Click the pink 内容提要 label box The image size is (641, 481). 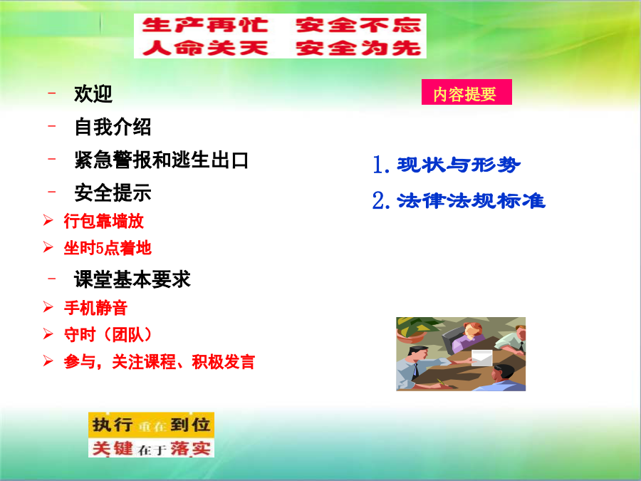pyautogui.click(x=467, y=92)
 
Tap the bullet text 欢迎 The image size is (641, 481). pyautogui.click(x=93, y=94)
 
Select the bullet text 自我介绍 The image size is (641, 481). pyautogui.click(x=113, y=127)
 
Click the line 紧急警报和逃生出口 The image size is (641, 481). pyautogui.click(x=161, y=160)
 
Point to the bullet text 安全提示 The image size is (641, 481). pyautogui.click(x=113, y=193)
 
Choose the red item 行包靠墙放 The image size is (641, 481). pyautogui.click(x=103, y=222)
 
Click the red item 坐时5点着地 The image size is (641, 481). pyautogui.click(x=108, y=248)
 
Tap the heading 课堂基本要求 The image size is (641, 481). pyautogui.click(x=132, y=280)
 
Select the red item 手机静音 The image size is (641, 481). pyautogui.click(x=95, y=308)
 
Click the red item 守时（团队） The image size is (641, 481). pyautogui.click(x=108, y=335)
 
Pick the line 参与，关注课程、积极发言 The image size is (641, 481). pyautogui.click(x=159, y=362)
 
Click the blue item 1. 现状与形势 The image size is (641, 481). pyautogui.click(x=446, y=165)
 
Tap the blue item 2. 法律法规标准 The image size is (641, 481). pyautogui.click(x=459, y=201)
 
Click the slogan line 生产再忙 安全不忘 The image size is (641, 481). pyautogui.click(x=281, y=26)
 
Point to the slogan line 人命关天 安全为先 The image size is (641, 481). pyautogui.click(x=281, y=48)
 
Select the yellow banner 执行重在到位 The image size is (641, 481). pyautogui.click(x=151, y=425)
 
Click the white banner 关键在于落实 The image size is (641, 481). pyautogui.click(x=151, y=448)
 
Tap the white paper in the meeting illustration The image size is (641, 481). pyautogui.click(x=481, y=358)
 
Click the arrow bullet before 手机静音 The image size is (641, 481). pyautogui.click(x=48, y=307)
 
